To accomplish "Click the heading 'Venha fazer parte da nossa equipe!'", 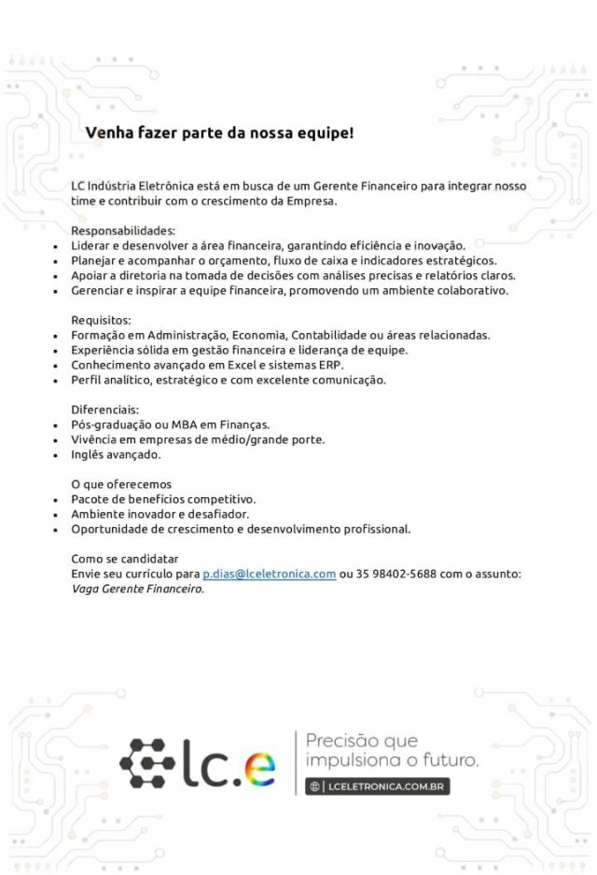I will (219, 133).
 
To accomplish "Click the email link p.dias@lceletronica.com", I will (269, 574).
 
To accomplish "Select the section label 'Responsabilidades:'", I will (123, 230).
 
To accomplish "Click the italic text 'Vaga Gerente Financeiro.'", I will (138, 589).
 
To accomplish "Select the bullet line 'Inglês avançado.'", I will (117, 454).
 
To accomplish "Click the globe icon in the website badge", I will (316, 786).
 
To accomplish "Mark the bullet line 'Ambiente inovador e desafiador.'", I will (160, 514).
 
